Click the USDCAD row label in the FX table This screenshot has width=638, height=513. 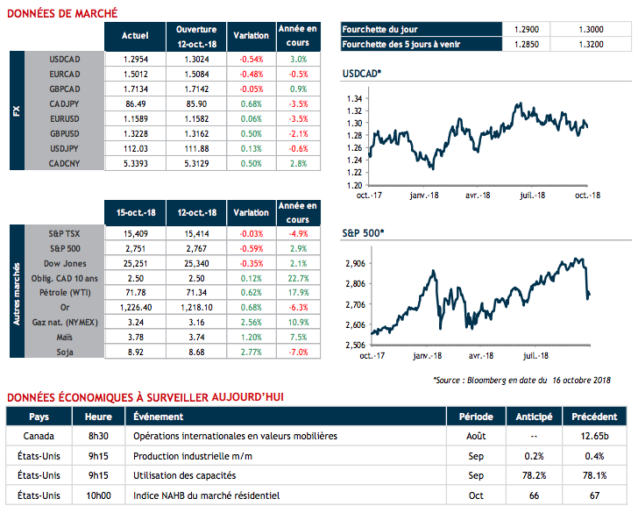coord(66,59)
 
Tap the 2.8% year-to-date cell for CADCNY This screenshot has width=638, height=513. coord(297,163)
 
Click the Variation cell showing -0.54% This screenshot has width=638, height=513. coord(252,59)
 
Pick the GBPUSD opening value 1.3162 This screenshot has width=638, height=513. coord(195,133)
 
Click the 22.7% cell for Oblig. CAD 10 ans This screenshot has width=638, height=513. coord(297,278)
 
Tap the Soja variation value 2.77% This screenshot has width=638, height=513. coord(252,353)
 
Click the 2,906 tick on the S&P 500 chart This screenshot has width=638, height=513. coord(357,263)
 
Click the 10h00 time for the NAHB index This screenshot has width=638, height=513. coord(98,496)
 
